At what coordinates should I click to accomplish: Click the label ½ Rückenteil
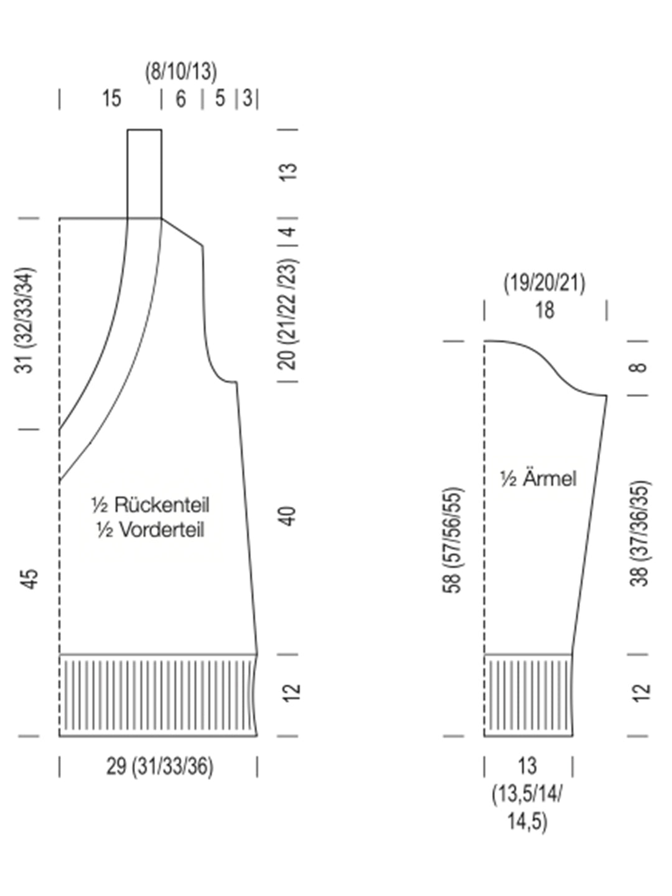pyautogui.click(x=150, y=505)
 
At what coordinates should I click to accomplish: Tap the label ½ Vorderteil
pyautogui.click(x=150, y=530)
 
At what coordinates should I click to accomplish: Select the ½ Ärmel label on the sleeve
pyautogui.click(x=538, y=478)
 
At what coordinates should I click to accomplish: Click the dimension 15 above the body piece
pyautogui.click(x=111, y=99)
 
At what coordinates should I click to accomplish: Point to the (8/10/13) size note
pyautogui.click(x=181, y=72)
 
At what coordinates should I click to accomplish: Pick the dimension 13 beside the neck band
pyautogui.click(x=289, y=171)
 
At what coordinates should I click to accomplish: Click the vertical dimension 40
pyautogui.click(x=288, y=516)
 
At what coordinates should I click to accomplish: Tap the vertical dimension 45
pyautogui.click(x=29, y=578)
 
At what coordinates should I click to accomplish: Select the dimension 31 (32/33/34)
pyautogui.click(x=26, y=320)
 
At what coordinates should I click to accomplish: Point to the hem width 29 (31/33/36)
pyautogui.click(x=159, y=766)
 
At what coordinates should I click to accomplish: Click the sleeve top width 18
pyautogui.click(x=544, y=310)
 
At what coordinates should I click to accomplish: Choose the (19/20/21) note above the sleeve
pyautogui.click(x=544, y=283)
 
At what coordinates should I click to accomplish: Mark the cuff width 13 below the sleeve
pyautogui.click(x=526, y=766)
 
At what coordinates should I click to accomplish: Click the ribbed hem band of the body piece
pyautogui.click(x=158, y=695)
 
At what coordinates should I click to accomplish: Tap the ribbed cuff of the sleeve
pyautogui.click(x=528, y=695)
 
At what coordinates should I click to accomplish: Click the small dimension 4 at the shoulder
pyautogui.click(x=289, y=232)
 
